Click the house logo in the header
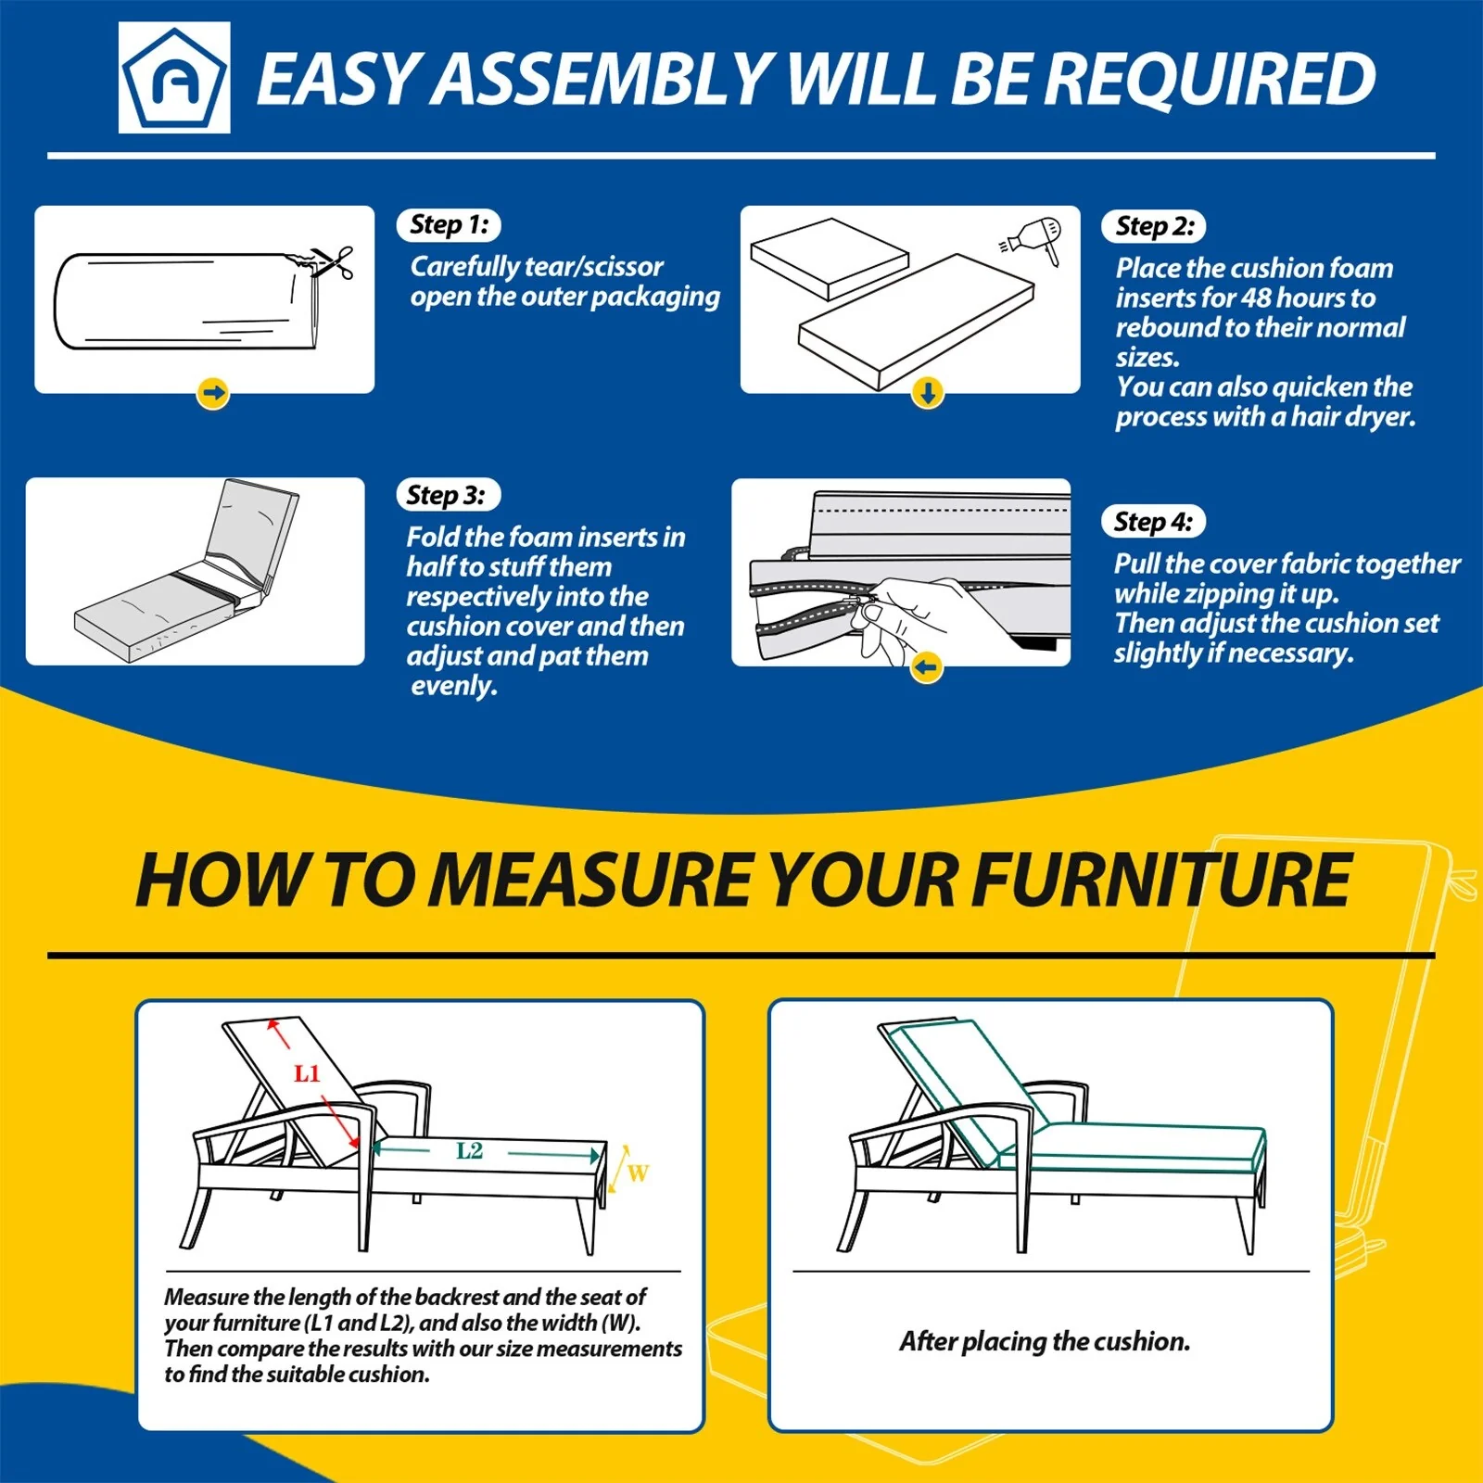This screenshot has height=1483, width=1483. click(174, 78)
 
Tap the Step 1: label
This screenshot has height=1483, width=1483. click(449, 224)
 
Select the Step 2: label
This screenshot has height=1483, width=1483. click(1154, 226)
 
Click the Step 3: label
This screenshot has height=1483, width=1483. click(448, 495)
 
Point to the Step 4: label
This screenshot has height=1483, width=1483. click(1154, 522)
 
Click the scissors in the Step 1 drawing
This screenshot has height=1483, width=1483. click(332, 263)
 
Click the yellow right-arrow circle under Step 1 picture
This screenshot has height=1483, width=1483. click(213, 393)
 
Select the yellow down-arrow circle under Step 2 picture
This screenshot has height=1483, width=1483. click(928, 393)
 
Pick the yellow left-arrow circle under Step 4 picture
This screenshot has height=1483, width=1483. click(926, 666)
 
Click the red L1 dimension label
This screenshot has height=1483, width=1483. click(307, 1073)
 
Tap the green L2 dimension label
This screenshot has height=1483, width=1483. click(470, 1151)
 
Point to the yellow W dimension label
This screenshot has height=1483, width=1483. click(638, 1173)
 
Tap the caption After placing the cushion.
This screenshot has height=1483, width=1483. click(1045, 1341)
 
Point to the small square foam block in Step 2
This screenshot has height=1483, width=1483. click(830, 259)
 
